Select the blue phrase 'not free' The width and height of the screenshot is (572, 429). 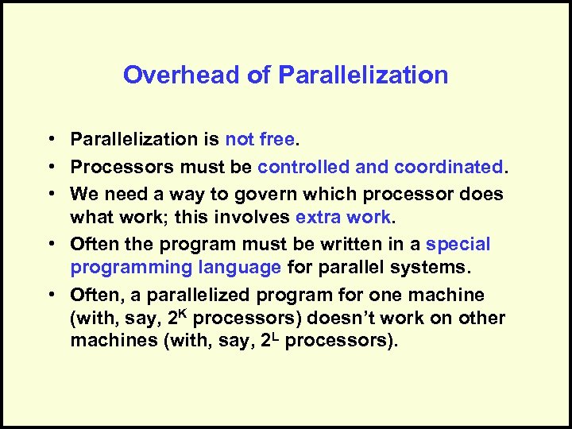point(260,140)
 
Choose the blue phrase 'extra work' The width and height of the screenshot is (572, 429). point(343,217)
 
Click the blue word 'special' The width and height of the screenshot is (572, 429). point(458,244)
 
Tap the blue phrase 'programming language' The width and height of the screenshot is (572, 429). point(176,268)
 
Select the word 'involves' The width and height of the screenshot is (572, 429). point(254,217)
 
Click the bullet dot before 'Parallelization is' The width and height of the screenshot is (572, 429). point(49,141)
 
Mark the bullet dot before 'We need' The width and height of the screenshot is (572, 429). point(49,194)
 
